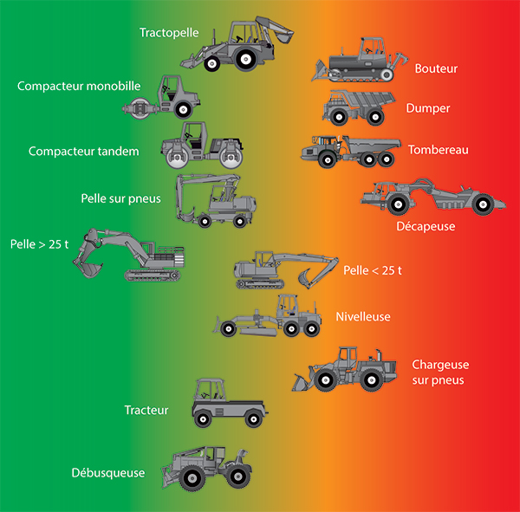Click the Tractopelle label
pyautogui.click(x=169, y=33)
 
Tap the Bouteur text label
pyautogui.click(x=436, y=68)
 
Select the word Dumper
pyautogui.click(x=428, y=108)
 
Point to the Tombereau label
pyautogui.click(x=438, y=150)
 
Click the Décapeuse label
pyautogui.click(x=426, y=226)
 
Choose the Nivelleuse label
pyautogui.click(x=363, y=316)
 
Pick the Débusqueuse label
pyautogui.click(x=108, y=473)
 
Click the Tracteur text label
pyautogui.click(x=146, y=410)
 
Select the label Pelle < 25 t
pyautogui.click(x=373, y=270)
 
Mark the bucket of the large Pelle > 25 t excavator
pyautogui.click(x=86, y=264)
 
